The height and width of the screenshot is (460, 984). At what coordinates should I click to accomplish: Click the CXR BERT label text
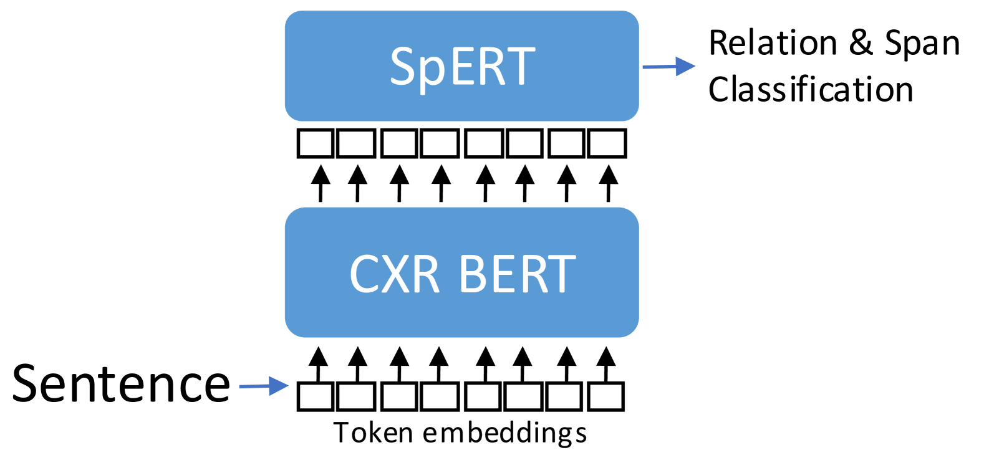click(463, 274)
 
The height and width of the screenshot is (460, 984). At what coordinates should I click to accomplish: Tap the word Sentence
click(121, 383)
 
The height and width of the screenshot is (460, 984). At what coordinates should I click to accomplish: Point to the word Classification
click(811, 90)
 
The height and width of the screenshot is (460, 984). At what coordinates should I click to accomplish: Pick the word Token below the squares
click(374, 433)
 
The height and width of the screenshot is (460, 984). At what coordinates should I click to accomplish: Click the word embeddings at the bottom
click(504, 434)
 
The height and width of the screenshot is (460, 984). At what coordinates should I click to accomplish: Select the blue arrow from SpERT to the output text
click(668, 67)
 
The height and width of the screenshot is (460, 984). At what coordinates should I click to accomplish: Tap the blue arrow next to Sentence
click(264, 386)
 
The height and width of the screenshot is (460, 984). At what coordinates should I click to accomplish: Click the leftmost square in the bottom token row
click(316, 396)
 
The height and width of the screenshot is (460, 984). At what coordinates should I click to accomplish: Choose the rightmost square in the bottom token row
click(605, 396)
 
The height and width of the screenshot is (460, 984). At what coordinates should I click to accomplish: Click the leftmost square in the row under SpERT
click(316, 143)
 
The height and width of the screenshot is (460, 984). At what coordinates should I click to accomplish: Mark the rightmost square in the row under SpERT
click(607, 143)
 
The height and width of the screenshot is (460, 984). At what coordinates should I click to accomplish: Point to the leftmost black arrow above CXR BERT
click(321, 183)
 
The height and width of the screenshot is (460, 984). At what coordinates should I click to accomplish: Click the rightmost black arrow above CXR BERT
click(609, 183)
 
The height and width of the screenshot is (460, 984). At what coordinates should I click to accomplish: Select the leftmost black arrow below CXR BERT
click(318, 364)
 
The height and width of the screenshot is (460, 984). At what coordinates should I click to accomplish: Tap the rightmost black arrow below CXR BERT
click(606, 364)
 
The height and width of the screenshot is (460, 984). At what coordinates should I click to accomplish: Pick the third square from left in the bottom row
click(399, 396)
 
